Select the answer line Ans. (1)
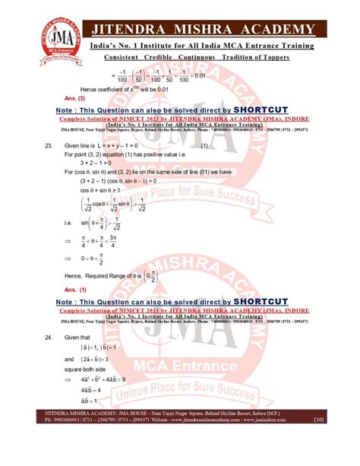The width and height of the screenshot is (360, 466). point(76,290)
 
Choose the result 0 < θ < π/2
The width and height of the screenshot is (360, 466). point(97,257)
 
